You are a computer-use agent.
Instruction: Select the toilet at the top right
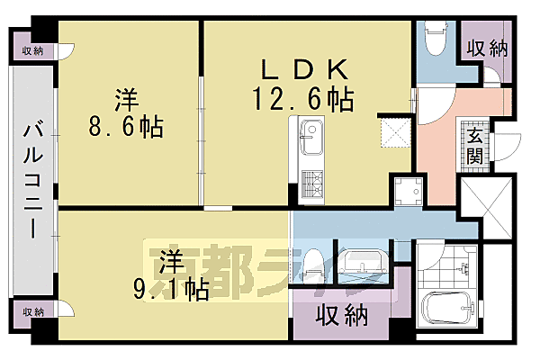433,38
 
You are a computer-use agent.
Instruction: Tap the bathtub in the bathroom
446,308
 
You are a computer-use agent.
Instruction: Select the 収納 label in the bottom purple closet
342,316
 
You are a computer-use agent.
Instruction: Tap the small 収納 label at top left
33,51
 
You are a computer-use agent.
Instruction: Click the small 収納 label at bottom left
33,311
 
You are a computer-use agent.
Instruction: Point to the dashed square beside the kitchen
394,132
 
